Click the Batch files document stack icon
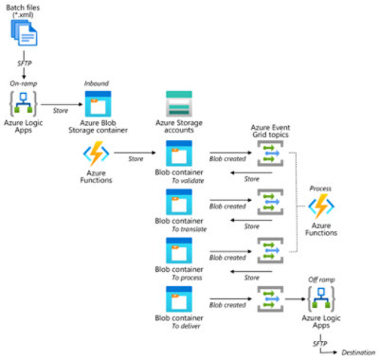tap(27, 35)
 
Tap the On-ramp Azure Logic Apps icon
tap(26, 106)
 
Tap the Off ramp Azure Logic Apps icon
tap(322, 302)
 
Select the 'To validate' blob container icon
tap(179, 154)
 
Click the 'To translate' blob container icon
tap(179, 203)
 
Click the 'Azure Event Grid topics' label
tap(272, 131)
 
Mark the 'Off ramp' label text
tap(322, 279)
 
